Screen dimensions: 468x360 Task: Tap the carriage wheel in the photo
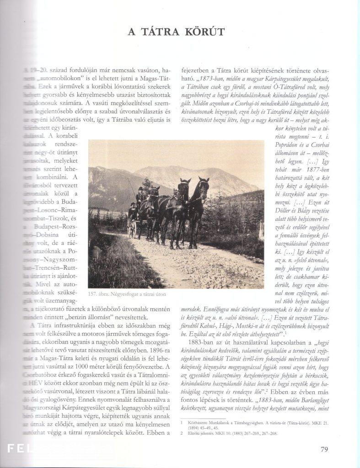tap(132, 229)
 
